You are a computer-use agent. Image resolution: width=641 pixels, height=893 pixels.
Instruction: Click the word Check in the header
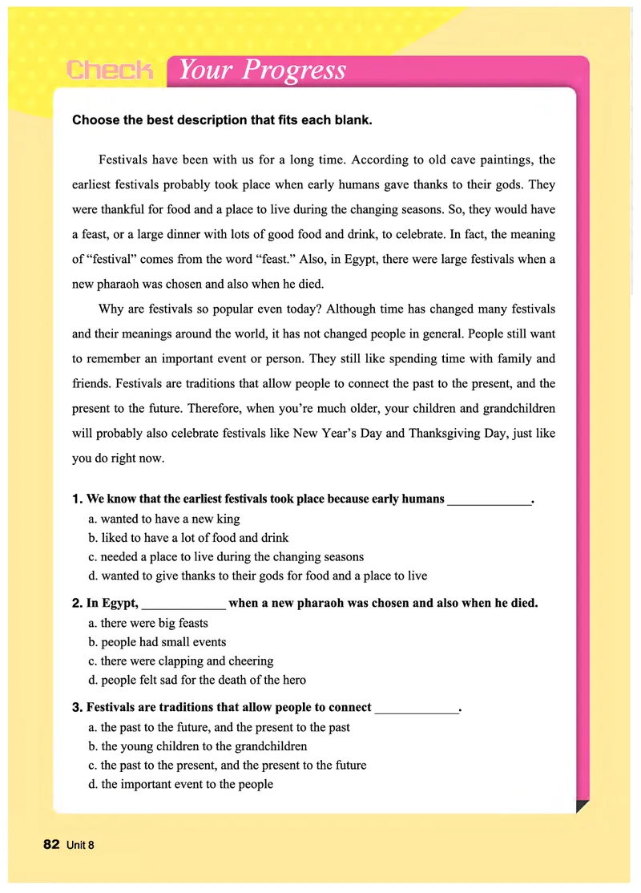pyautogui.click(x=110, y=70)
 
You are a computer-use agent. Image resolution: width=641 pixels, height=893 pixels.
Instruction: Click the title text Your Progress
pyautogui.click(x=262, y=70)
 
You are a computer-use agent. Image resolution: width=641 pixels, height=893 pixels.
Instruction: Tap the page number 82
pyautogui.click(x=51, y=844)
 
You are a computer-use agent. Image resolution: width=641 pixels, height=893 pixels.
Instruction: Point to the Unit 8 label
pyautogui.click(x=82, y=845)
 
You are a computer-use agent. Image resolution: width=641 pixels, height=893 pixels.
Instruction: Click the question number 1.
pyautogui.click(x=77, y=499)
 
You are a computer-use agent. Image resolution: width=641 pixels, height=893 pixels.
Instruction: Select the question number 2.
pyautogui.click(x=77, y=603)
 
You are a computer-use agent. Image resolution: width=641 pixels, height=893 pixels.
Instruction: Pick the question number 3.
pyautogui.click(x=77, y=707)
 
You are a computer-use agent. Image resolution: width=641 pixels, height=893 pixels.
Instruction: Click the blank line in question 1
pyautogui.click(x=489, y=501)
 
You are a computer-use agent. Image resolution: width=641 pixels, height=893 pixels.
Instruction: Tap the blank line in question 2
pyautogui.click(x=183, y=605)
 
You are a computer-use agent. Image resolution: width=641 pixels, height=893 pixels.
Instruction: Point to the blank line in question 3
pyautogui.click(x=417, y=709)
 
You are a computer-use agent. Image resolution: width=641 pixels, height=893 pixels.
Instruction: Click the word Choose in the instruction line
pyautogui.click(x=94, y=121)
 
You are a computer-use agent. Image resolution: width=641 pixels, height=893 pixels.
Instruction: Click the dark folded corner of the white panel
pyautogui.click(x=582, y=805)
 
